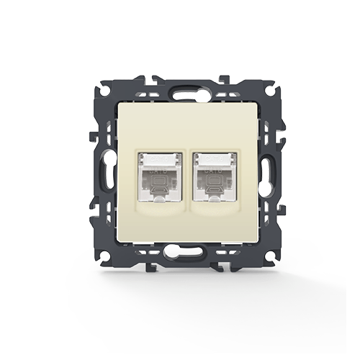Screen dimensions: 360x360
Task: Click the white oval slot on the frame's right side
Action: point(266,174)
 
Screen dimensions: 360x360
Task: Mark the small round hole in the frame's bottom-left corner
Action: point(105,256)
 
